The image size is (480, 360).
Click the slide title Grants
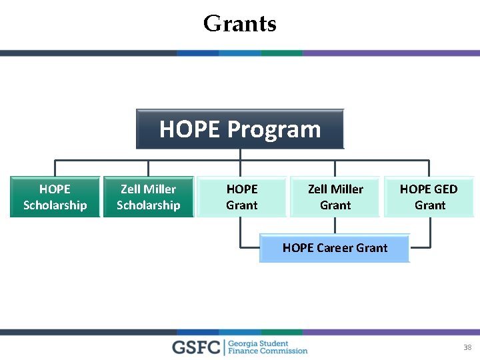(239, 24)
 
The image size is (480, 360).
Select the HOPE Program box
(240, 129)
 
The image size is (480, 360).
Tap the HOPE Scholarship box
(55, 197)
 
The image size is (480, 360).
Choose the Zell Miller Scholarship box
(148, 197)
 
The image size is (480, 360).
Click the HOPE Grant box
(241, 197)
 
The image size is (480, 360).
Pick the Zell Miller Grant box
(335, 197)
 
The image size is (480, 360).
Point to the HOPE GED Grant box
(429, 197)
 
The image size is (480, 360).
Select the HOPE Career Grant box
(335, 248)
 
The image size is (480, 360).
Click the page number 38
(467, 347)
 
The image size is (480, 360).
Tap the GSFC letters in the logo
(197, 347)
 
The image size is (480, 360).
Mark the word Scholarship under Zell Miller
(148, 205)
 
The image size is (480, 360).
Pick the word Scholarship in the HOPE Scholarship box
(55, 205)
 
